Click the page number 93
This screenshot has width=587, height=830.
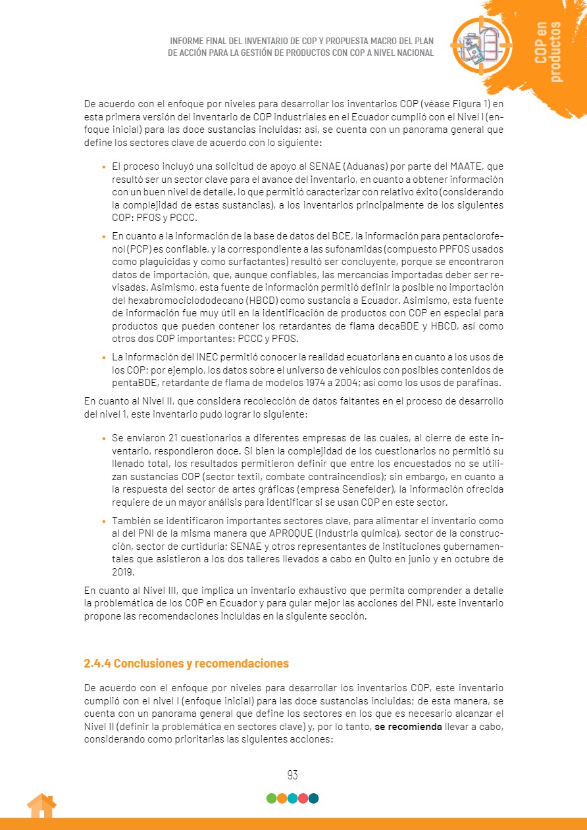tap(293, 775)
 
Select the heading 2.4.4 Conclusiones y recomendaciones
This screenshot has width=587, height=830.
tap(186, 663)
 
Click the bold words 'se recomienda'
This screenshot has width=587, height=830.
tap(409, 726)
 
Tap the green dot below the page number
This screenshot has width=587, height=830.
tap(271, 798)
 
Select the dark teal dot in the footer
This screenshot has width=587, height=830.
tap(313, 798)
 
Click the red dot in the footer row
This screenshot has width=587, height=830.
tap(303, 798)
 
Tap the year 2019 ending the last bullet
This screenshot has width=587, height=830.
tap(123, 572)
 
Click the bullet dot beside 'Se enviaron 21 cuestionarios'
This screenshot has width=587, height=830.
tap(104, 437)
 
